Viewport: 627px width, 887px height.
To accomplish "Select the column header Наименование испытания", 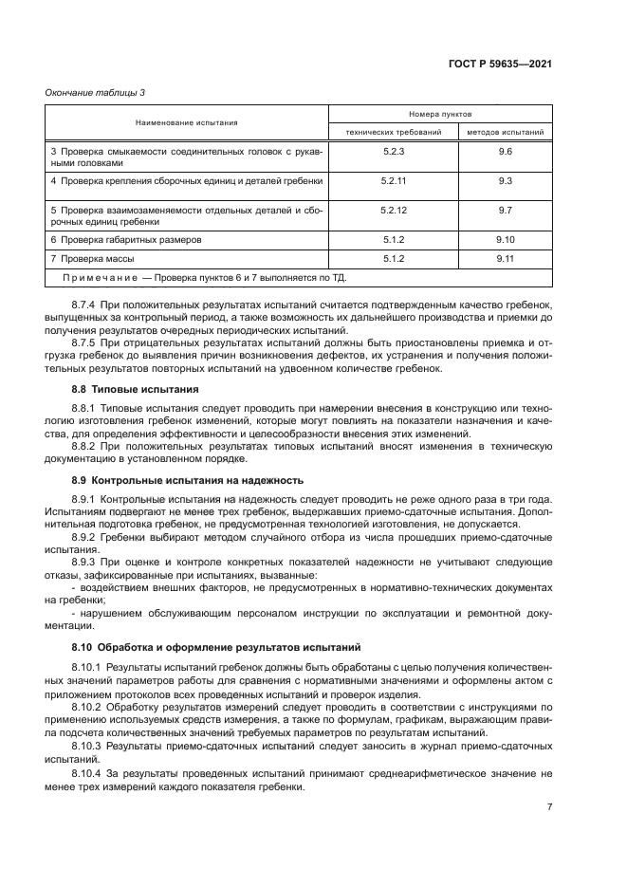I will (x=186, y=122).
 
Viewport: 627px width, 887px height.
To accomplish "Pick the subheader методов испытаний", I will (x=505, y=132).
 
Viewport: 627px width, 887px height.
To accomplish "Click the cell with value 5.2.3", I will (x=394, y=152).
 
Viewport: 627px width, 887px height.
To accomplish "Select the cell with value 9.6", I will (x=505, y=152).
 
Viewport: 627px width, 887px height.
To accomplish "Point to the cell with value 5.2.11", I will (x=394, y=179).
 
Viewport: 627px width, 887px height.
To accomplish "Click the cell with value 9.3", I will (x=505, y=179).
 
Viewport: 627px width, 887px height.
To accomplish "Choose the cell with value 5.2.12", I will (x=394, y=209).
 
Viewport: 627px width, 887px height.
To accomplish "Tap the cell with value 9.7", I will (x=505, y=209).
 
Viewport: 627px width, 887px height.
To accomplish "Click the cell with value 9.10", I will (x=505, y=239).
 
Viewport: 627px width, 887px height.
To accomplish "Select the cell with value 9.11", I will (x=505, y=258).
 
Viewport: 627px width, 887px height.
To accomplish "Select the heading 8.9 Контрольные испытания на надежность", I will (x=173, y=480).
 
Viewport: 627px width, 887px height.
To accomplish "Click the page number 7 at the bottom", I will (x=549, y=807).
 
